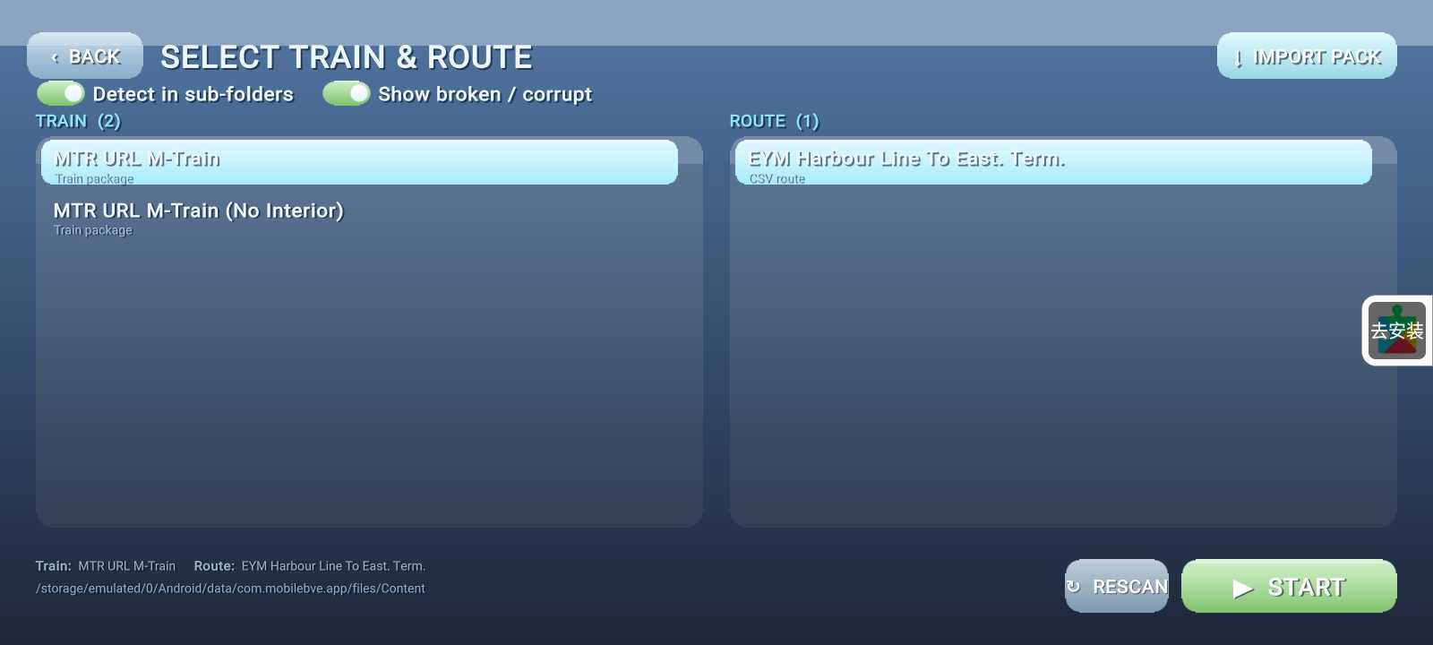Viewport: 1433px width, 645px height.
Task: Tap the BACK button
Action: pos(84,56)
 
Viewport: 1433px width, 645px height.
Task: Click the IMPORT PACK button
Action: pos(1307,56)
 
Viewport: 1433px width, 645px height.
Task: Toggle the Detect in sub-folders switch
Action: pos(61,93)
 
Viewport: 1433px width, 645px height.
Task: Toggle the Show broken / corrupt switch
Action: pos(346,93)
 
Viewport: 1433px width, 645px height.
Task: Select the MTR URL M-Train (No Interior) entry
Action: pos(198,219)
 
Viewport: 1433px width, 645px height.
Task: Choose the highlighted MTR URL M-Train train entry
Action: pos(359,162)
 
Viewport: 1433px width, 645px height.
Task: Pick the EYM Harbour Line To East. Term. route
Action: pos(1053,162)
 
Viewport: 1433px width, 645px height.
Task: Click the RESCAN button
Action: pos(1116,586)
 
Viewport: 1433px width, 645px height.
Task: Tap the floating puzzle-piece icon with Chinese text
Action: pos(1397,331)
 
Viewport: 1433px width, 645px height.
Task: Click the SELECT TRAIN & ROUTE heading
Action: pos(346,57)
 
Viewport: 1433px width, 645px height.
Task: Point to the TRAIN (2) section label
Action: pos(78,121)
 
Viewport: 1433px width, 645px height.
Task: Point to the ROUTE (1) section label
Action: pos(774,121)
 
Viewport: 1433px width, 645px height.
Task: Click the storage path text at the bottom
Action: pos(230,588)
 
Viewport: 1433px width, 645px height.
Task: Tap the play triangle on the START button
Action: pos(1242,588)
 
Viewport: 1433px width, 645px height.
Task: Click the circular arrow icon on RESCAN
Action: pos(1074,586)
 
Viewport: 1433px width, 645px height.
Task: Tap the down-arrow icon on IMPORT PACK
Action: pos(1238,59)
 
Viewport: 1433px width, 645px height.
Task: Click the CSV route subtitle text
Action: pos(777,179)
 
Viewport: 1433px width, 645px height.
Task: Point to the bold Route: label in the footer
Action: pos(214,565)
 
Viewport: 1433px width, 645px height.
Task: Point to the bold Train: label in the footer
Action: pos(54,565)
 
